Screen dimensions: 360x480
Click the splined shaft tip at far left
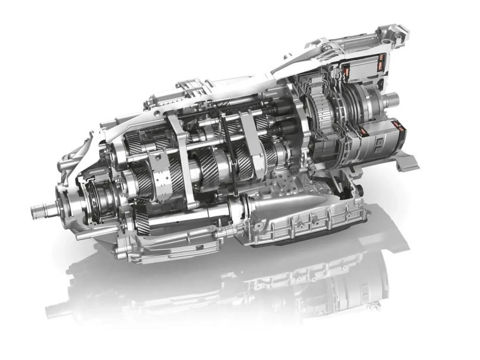[x=37, y=209]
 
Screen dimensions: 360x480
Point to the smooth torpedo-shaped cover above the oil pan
[x=279, y=205]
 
